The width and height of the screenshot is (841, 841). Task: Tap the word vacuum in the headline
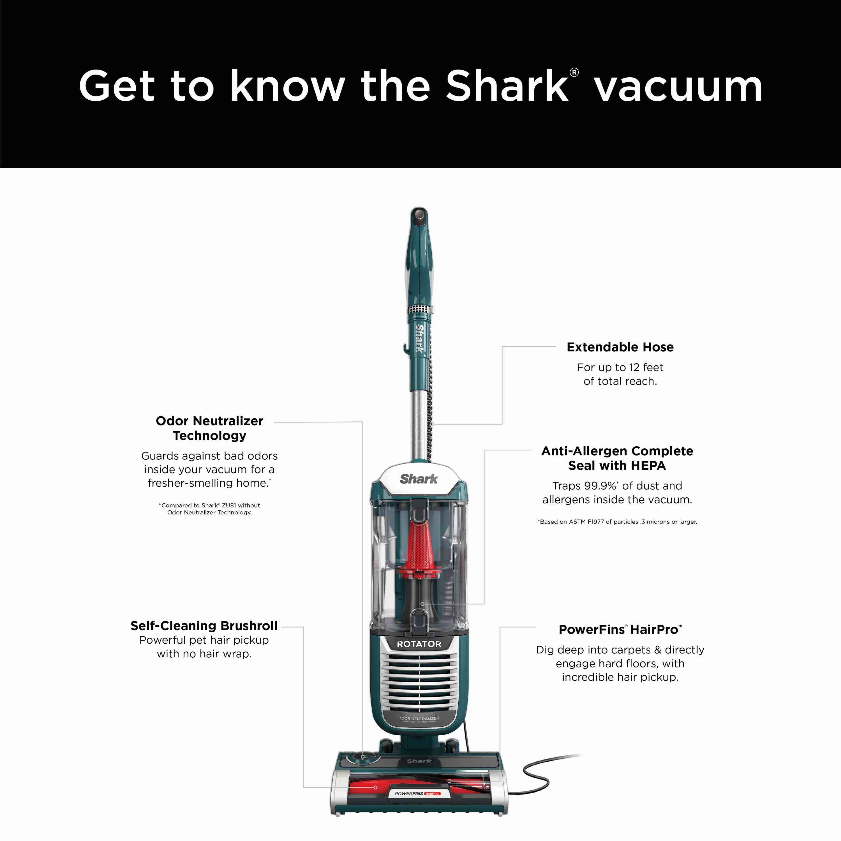678,87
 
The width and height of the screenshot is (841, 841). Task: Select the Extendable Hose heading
620,347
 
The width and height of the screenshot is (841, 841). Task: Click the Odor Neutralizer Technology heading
209,428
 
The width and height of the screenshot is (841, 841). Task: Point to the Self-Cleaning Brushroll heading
204,625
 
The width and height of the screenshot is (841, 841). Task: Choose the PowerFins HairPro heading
620,629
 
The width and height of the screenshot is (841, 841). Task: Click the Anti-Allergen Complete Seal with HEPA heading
617,458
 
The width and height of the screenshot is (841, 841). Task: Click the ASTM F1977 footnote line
617,521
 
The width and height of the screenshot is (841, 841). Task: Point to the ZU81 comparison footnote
209,509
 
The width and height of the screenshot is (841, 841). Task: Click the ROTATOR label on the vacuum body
419,644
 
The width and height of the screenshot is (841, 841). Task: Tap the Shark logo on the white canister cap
419,479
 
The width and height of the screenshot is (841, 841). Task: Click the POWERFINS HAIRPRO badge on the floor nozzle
417,806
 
